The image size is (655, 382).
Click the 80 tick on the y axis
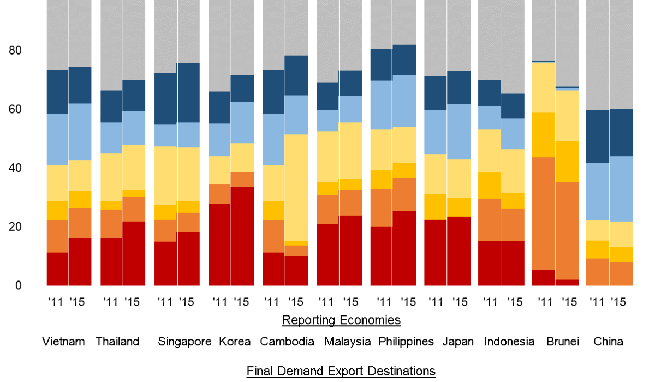click(x=15, y=51)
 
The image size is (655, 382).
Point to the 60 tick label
click(x=15, y=110)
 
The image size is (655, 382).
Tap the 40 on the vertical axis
click(x=15, y=168)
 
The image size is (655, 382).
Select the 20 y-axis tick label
click(x=15, y=227)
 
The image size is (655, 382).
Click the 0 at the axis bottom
click(x=18, y=285)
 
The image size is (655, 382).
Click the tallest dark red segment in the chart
click(x=242, y=236)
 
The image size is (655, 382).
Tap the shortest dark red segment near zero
click(x=567, y=282)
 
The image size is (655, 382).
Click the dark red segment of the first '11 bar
click(x=57, y=268)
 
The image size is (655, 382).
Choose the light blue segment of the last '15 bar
click(x=621, y=189)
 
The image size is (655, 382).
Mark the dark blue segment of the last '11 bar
click(x=597, y=136)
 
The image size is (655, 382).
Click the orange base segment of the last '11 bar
click(x=597, y=272)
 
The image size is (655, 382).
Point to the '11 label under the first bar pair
click(x=56, y=301)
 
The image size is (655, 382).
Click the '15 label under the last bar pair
click(x=619, y=301)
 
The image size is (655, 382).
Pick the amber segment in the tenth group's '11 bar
click(x=543, y=135)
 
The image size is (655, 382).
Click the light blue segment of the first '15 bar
click(x=80, y=132)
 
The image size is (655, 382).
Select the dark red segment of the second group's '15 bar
click(x=134, y=253)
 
